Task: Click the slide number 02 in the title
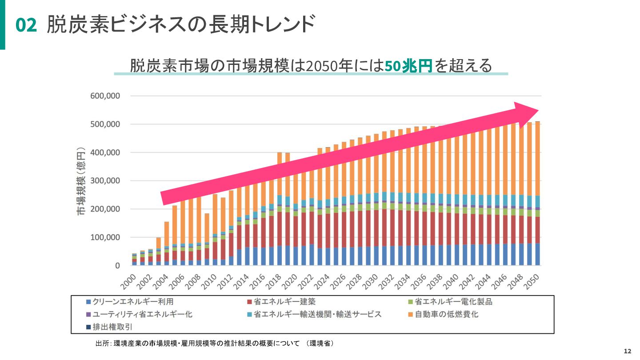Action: [x=26, y=25]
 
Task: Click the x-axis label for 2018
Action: [x=275, y=281]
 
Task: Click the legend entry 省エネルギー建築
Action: [x=281, y=302]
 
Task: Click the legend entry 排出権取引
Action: [x=112, y=327]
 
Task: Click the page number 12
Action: [x=628, y=351]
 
